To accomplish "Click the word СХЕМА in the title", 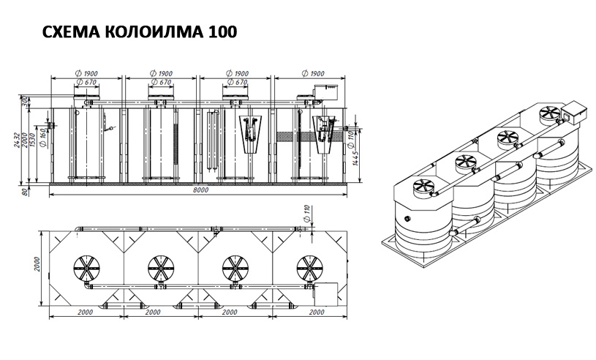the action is [x=71, y=32].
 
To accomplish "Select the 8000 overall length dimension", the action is [x=200, y=190].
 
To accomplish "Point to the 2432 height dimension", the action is [x=16, y=140].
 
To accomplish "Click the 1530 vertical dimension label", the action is [x=33, y=140].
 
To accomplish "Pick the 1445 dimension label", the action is [x=355, y=158].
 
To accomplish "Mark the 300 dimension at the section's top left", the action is [x=25, y=102].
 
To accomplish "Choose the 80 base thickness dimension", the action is [x=25, y=192].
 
